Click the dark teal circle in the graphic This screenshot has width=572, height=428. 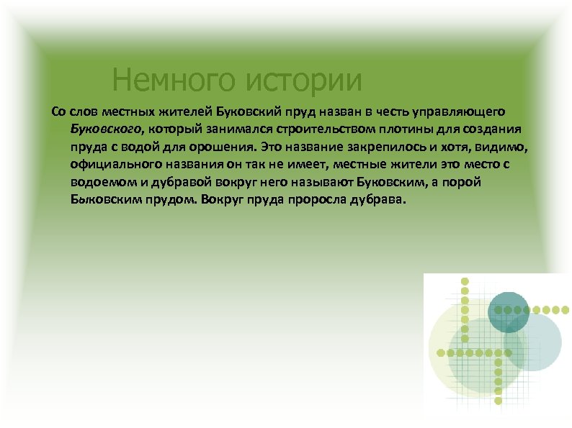tap(509, 311)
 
